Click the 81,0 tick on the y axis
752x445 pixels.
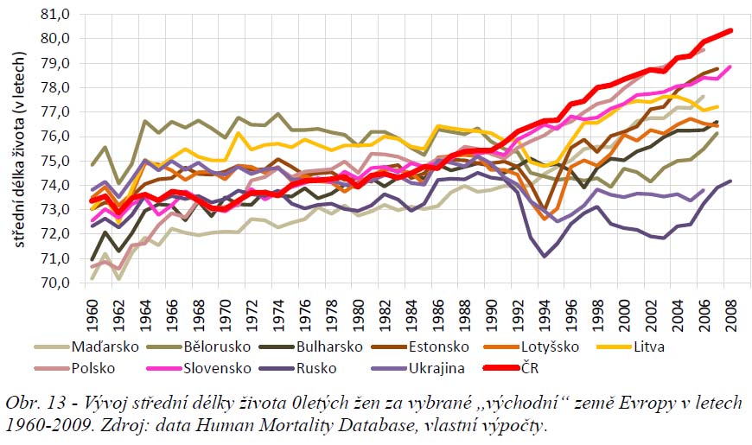pos(55,14)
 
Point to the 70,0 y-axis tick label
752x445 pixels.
pos(55,283)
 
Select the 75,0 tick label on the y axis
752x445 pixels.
pos(55,161)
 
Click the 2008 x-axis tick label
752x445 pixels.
pos(730,308)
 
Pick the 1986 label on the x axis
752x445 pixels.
pos(439,308)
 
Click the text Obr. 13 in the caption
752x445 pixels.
pos(35,404)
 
